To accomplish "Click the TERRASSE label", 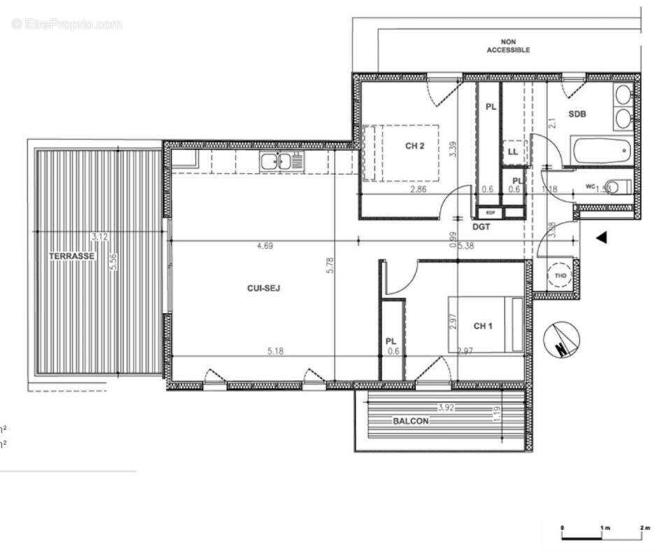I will click(71, 256).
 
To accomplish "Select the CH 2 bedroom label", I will click(415, 146).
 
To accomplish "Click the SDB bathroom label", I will click(577, 114).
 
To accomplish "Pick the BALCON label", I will click(410, 421).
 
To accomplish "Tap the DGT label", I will click(480, 226).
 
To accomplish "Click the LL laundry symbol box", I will click(513, 151).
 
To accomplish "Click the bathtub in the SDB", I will click(601, 150).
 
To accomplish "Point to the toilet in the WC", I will click(616, 186).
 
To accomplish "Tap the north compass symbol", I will click(562, 341).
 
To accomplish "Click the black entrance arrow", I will click(601, 238).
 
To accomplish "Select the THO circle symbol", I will click(560, 275).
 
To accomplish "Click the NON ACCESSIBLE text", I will click(508, 46).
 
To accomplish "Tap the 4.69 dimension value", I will click(264, 246).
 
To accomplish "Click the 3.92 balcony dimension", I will click(446, 407).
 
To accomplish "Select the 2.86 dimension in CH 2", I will click(419, 190).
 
